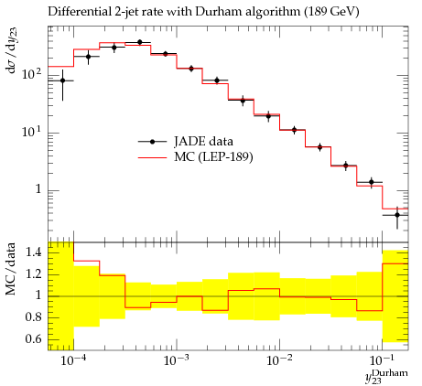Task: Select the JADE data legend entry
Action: [x=186, y=141]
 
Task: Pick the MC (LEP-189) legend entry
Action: [x=196, y=157]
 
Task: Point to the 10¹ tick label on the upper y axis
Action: [x=32, y=132]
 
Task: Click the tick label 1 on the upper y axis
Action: [x=38, y=189]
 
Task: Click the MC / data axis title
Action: [x=11, y=269]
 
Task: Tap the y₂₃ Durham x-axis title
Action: [x=386, y=376]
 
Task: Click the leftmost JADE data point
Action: [x=62, y=80]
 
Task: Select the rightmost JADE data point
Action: [x=397, y=215]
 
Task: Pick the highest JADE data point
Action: [x=140, y=42]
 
